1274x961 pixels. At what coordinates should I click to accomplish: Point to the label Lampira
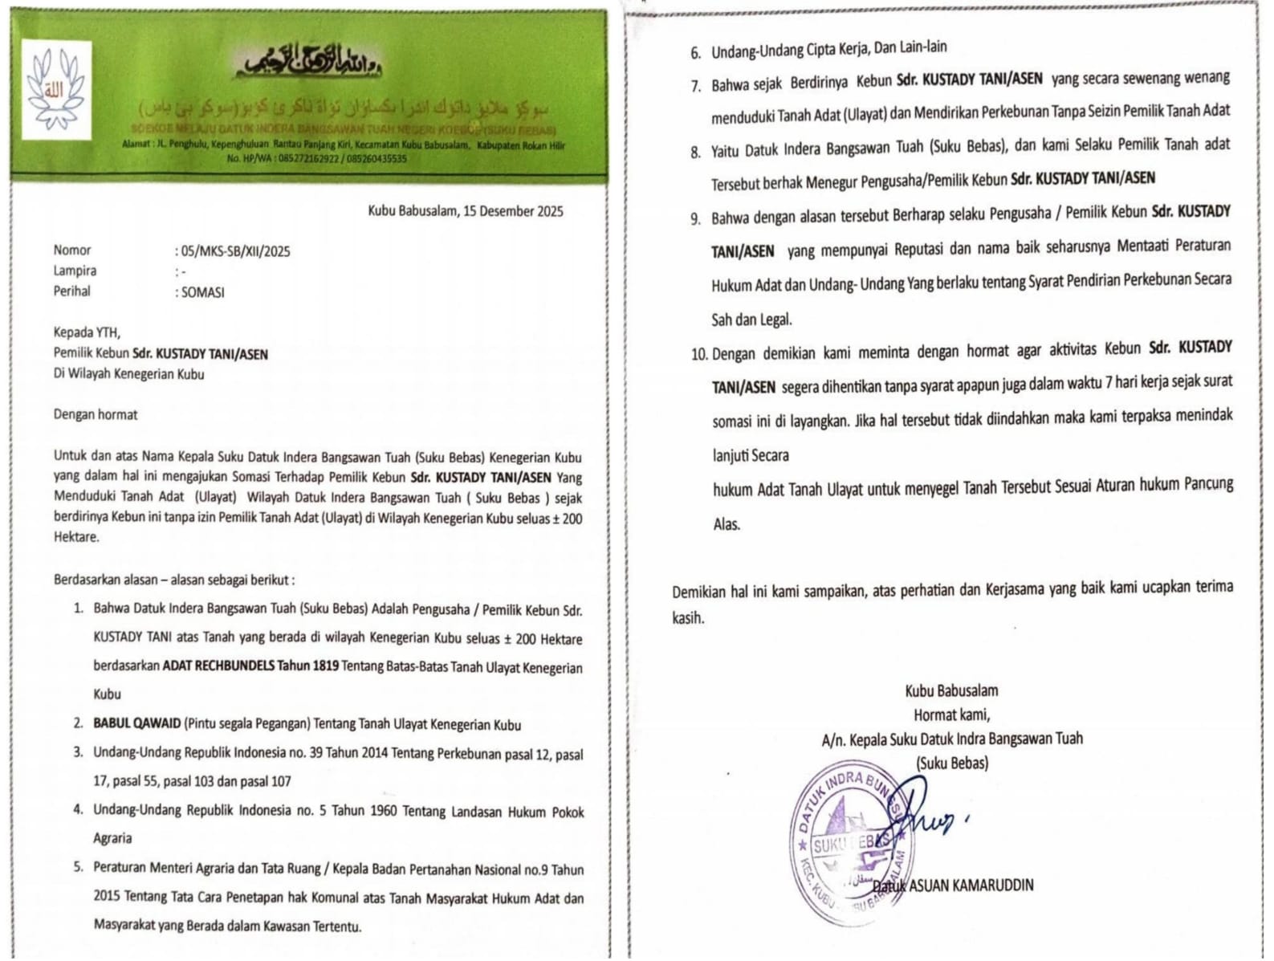tap(75, 271)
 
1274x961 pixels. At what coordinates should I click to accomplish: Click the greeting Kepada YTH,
tap(87, 332)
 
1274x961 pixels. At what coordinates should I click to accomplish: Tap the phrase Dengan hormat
tap(95, 414)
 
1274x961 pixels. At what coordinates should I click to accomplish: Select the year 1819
tap(321, 666)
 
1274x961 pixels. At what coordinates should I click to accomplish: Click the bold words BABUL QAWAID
tap(136, 723)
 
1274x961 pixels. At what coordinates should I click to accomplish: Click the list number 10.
tap(698, 354)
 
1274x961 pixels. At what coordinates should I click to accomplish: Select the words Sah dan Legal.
tap(751, 320)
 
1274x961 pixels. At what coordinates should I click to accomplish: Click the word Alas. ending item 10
tap(727, 524)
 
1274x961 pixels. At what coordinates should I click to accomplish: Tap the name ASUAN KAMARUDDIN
tap(971, 886)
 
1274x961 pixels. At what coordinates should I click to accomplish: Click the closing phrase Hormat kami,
tap(951, 715)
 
